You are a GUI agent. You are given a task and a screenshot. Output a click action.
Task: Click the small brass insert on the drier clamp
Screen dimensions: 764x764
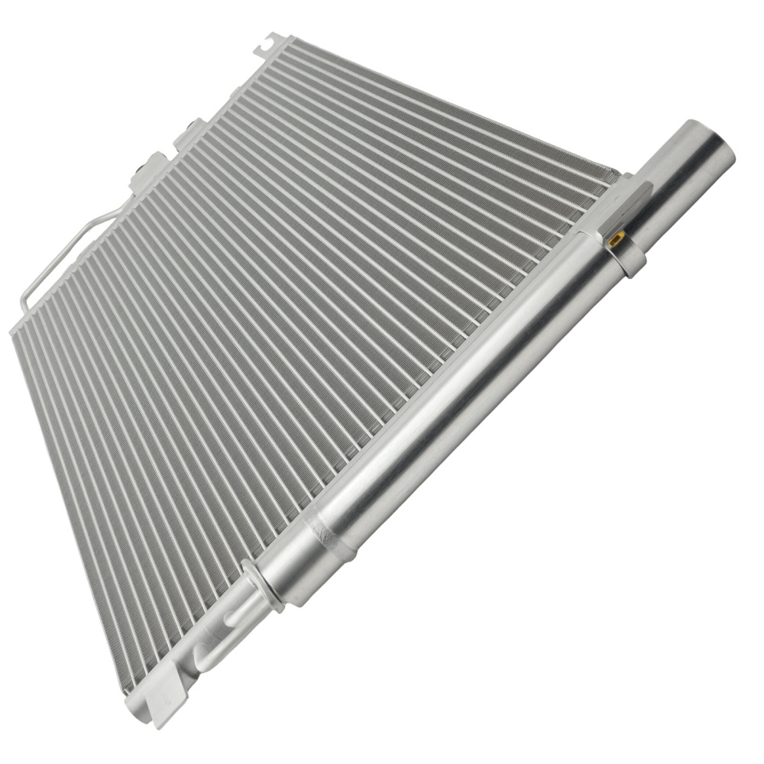pyautogui.click(x=615, y=239)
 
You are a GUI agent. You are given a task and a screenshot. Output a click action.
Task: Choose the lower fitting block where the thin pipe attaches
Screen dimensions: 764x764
pyautogui.click(x=149, y=173)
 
